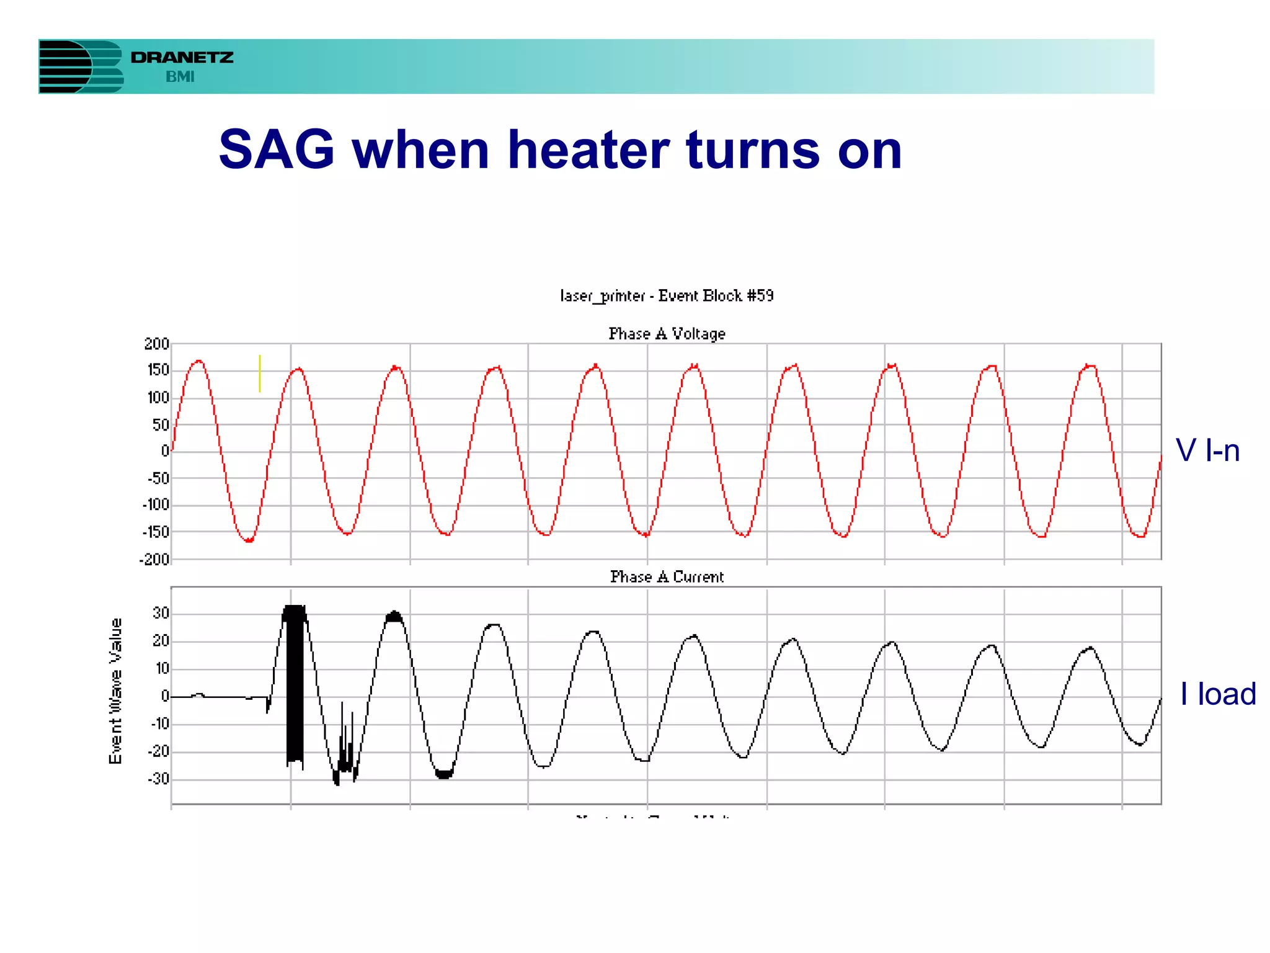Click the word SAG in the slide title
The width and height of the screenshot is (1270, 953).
(x=277, y=150)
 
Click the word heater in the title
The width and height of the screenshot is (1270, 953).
(x=588, y=150)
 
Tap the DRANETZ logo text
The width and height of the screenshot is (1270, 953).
(x=182, y=58)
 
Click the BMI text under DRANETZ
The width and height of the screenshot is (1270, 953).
(x=180, y=77)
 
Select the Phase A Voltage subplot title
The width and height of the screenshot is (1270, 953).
(x=667, y=334)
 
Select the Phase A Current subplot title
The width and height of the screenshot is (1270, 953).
(x=667, y=577)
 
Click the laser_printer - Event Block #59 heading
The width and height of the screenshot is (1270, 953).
(x=667, y=296)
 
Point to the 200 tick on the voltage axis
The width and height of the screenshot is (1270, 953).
(x=156, y=344)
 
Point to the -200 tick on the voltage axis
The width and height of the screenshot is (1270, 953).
(x=154, y=560)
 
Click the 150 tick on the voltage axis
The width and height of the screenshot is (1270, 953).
(x=158, y=370)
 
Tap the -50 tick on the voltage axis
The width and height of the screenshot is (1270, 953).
(x=158, y=478)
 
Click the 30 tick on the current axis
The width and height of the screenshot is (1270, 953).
(x=161, y=614)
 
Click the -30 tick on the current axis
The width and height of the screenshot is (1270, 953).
(x=158, y=779)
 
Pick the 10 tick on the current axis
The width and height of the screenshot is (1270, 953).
(x=162, y=669)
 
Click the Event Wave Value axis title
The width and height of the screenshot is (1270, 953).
(x=115, y=691)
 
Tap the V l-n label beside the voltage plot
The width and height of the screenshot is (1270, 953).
(x=1207, y=450)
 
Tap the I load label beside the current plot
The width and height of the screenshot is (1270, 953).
(x=1217, y=694)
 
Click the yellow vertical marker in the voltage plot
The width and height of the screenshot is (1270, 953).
(x=260, y=374)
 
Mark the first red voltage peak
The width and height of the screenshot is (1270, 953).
(x=198, y=361)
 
